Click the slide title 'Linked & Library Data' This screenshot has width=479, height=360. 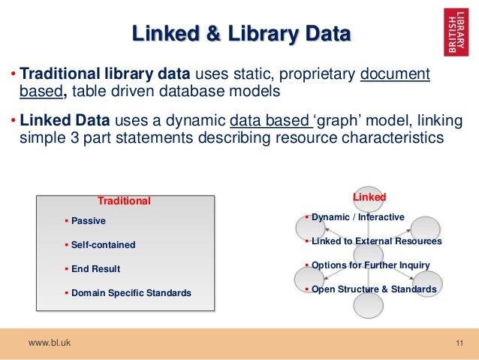click(x=240, y=33)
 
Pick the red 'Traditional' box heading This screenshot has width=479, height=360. click(x=125, y=201)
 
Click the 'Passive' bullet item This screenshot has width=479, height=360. click(x=88, y=221)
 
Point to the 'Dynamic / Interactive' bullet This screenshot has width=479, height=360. click(x=357, y=217)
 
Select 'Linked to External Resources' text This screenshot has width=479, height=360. click(x=376, y=241)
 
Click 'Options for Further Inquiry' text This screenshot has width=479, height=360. click(x=370, y=265)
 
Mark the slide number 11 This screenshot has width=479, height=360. click(x=460, y=344)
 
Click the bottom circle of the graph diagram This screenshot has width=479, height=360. click(x=368, y=307)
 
